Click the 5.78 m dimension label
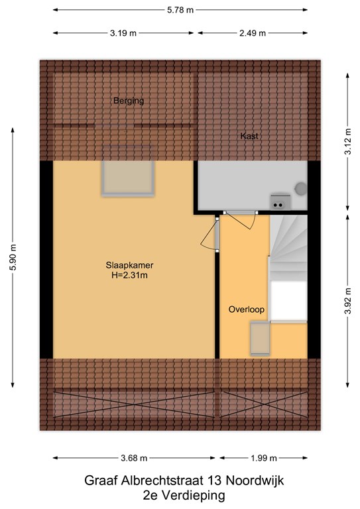180,10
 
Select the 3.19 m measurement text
123,33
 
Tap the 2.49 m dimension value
253,33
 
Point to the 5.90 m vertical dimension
13,257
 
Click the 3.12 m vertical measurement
348,142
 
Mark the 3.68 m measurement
134,458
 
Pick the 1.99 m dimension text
264,458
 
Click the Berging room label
129,101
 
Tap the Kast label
249,136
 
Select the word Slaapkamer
129,265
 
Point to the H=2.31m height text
129,276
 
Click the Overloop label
247,310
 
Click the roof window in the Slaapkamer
128,178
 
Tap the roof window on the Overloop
260,338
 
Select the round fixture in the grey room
301,189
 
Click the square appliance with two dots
280,202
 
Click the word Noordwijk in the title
255,481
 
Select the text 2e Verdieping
184,496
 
